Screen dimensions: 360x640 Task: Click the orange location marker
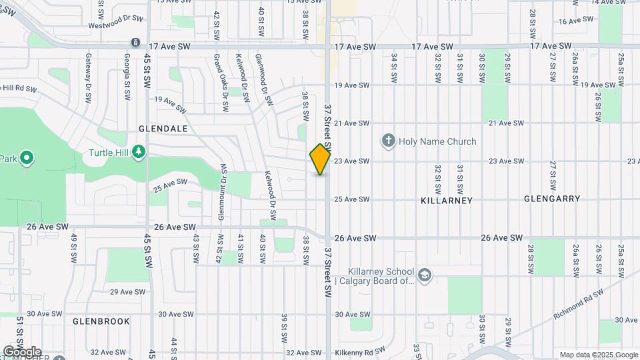pyautogui.click(x=320, y=159)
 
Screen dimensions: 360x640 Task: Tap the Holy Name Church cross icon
pyautogui.click(x=389, y=141)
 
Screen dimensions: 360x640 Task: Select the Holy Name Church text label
pyautogui.click(x=437, y=141)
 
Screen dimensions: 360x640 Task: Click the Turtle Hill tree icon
pyautogui.click(x=139, y=152)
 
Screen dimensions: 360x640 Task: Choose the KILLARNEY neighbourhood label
pyautogui.click(x=447, y=200)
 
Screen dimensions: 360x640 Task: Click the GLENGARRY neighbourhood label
pyautogui.click(x=552, y=199)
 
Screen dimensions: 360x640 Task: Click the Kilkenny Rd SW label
pyautogui.click(x=359, y=350)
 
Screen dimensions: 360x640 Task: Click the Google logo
pyautogui.click(x=22, y=351)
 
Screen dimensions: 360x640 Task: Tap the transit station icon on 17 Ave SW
pyautogui.click(x=136, y=43)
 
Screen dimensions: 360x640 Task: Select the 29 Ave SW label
pyautogui.click(x=128, y=292)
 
